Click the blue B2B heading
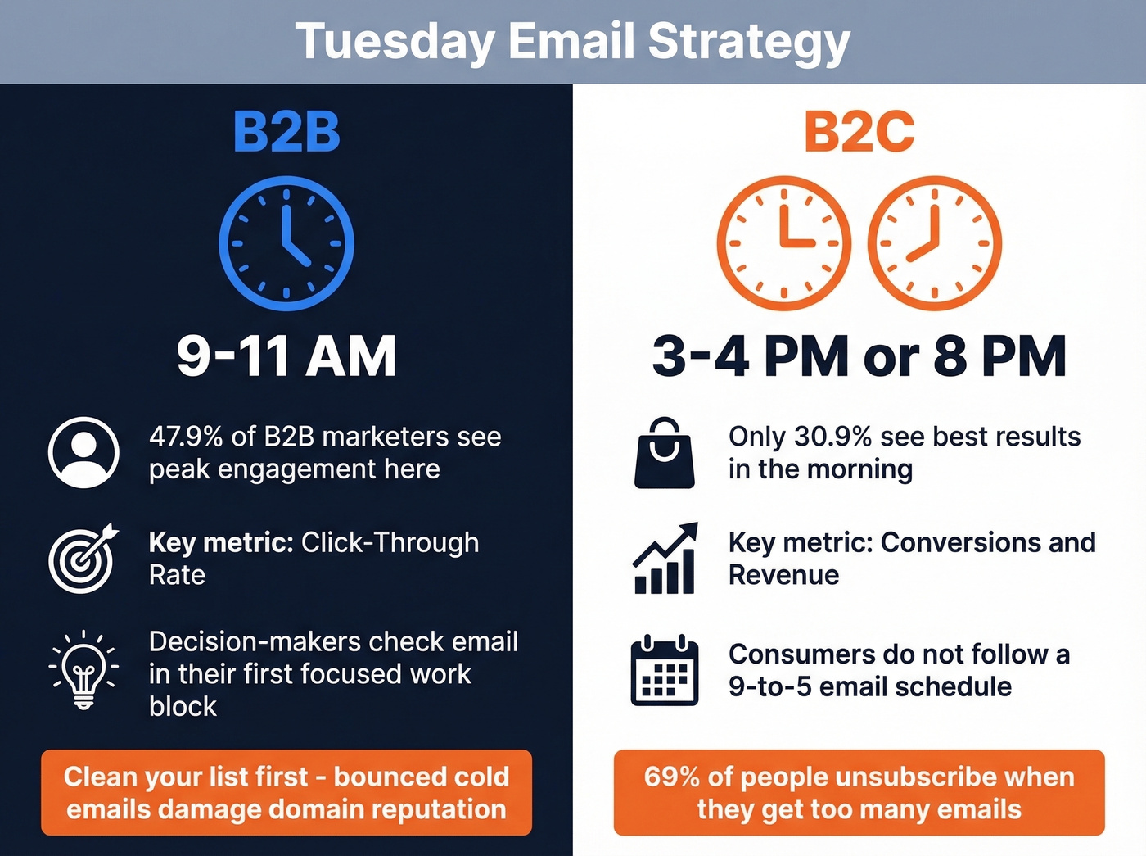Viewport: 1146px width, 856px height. coord(286,132)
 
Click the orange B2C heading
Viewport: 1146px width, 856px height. coord(859,132)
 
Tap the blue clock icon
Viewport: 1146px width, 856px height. coord(286,243)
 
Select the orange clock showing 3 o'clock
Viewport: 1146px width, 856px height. coord(783,243)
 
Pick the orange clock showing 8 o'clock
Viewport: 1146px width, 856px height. coord(934,243)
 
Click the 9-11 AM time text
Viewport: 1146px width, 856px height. coord(286,356)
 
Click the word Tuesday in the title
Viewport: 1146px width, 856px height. coord(394,41)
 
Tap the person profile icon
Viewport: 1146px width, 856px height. coord(83,452)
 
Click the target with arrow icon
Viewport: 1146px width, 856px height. coord(83,558)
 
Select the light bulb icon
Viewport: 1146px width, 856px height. coord(83,670)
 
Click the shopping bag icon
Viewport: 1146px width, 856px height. coord(665,453)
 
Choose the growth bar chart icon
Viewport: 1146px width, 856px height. coord(665,559)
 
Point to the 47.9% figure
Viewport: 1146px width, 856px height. coord(186,437)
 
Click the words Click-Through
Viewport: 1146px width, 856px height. coord(390,542)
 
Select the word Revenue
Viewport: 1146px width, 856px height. coord(783,575)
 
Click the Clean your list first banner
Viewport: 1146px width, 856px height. coord(286,792)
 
